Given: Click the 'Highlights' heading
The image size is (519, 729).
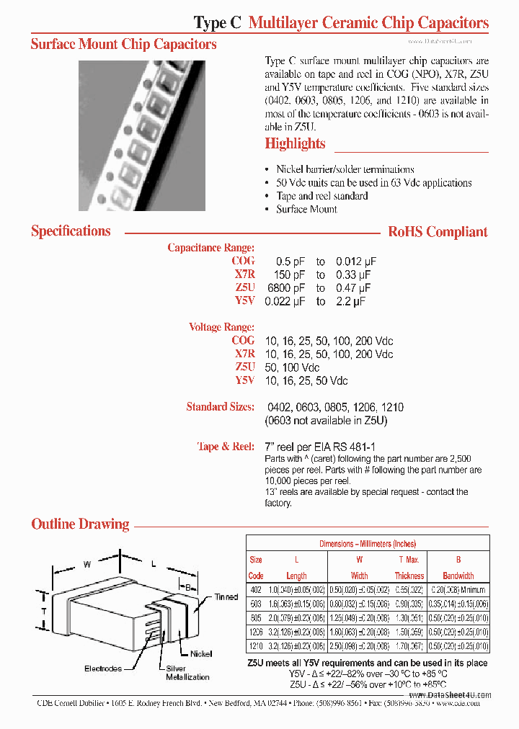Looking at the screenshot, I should (295, 143).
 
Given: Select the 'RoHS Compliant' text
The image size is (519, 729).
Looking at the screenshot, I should (438, 232).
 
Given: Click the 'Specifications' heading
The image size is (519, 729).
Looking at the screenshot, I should (71, 231).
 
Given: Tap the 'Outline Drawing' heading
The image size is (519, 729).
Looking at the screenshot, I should (80, 524).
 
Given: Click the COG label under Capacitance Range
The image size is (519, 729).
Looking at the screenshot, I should (243, 261).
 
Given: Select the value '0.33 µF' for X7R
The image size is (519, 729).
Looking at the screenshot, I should (353, 275).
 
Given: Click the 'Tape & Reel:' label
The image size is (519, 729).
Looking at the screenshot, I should (226, 447).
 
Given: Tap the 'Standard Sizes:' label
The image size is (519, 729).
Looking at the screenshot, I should (220, 407).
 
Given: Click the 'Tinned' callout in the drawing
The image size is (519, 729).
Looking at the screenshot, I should (226, 597).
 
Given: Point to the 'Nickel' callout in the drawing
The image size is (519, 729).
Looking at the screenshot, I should (202, 654).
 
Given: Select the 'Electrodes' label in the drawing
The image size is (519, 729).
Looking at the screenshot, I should (103, 669).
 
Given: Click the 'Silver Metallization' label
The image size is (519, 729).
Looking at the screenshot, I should (187, 673).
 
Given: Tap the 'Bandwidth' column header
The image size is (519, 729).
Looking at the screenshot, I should (458, 576).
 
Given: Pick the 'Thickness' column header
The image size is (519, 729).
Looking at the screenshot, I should (409, 576).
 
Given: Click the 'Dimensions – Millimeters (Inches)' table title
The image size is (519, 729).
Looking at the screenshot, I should (368, 544).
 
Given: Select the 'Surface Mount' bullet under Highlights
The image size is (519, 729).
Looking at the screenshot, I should (306, 209).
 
